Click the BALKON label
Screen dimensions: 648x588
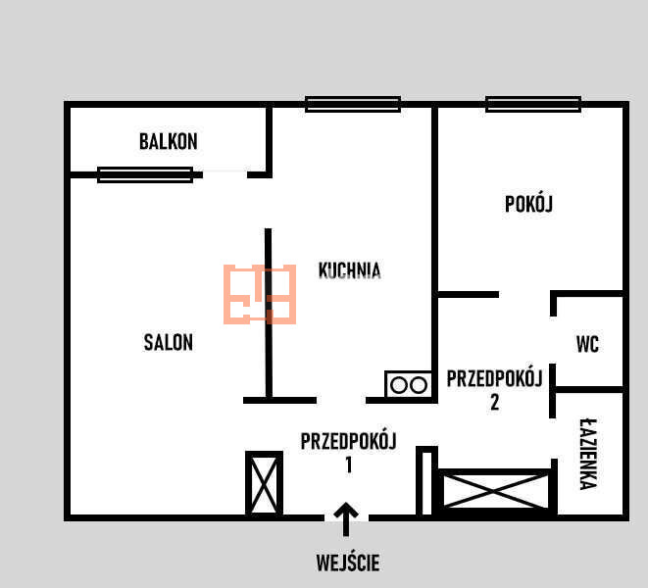(x=169, y=142)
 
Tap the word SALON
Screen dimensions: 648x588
(x=169, y=342)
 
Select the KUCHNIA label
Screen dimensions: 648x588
(x=350, y=270)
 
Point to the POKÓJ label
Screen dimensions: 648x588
(x=528, y=204)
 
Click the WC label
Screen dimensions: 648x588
(x=587, y=344)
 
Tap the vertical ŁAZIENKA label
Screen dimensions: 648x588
(x=588, y=454)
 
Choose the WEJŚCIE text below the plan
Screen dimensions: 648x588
(x=348, y=563)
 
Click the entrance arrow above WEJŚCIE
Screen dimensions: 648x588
(x=346, y=519)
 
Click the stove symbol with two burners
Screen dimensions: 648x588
(x=409, y=385)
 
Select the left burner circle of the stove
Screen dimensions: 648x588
(x=399, y=385)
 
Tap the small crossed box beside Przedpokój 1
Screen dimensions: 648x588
(x=264, y=483)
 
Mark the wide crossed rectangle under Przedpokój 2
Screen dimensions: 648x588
(x=495, y=491)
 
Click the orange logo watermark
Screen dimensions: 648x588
(x=260, y=294)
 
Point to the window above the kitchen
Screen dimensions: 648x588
(x=353, y=104)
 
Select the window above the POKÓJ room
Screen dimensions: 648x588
(x=533, y=104)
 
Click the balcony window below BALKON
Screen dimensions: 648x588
(x=145, y=174)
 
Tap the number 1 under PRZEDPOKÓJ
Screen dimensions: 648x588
(x=349, y=465)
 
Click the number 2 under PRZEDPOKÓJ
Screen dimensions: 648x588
(x=495, y=402)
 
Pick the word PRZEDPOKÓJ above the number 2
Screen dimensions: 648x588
(x=494, y=377)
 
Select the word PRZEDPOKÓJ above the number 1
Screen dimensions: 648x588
(x=348, y=440)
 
